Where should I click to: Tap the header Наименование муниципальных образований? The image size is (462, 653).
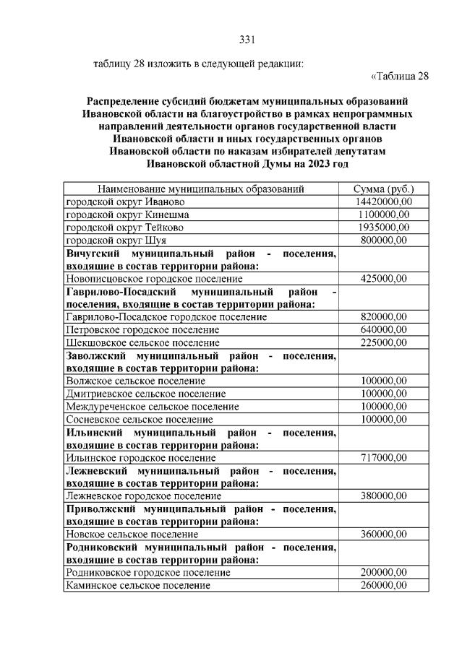pos(201,189)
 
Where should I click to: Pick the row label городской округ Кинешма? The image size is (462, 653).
pos(128,215)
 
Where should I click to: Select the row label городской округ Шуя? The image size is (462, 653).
pos(116,241)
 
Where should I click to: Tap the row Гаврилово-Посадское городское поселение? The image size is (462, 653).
pos(166,316)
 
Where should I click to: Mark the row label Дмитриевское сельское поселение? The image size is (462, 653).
pos(146,394)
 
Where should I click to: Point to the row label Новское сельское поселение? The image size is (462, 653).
pos(132,535)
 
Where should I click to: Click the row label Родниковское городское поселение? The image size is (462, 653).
pos(148,572)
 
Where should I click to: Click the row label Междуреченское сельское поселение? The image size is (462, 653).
pos(152,407)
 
